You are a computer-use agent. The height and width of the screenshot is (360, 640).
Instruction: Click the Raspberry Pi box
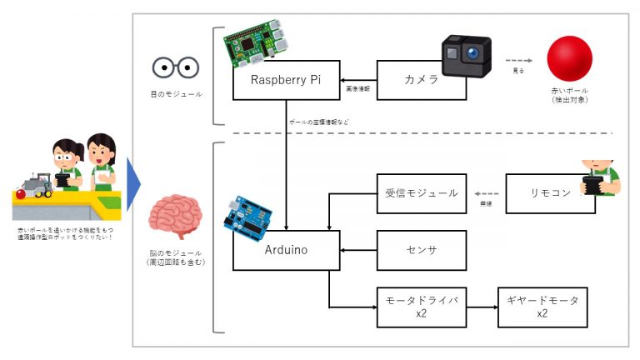point(286,81)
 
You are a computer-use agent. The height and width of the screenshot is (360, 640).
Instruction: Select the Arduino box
point(286,250)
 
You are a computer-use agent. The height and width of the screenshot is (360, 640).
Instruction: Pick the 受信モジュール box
point(421,193)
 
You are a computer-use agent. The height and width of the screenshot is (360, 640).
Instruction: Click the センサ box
point(421,250)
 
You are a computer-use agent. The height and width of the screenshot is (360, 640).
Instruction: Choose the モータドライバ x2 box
point(421,306)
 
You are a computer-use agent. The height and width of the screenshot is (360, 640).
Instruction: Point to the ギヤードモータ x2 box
point(542,306)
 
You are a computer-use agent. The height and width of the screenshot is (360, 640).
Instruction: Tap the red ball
point(569,59)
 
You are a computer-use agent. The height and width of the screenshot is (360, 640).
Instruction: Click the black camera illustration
point(465,55)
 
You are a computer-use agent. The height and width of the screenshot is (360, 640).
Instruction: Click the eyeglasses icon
point(175,67)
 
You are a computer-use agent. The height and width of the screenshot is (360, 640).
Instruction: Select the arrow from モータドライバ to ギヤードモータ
point(482,306)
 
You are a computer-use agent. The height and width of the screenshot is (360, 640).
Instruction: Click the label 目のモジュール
point(174,94)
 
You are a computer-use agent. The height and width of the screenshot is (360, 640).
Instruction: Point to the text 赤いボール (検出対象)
point(571,95)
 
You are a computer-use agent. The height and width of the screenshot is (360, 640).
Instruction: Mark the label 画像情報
point(359,86)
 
